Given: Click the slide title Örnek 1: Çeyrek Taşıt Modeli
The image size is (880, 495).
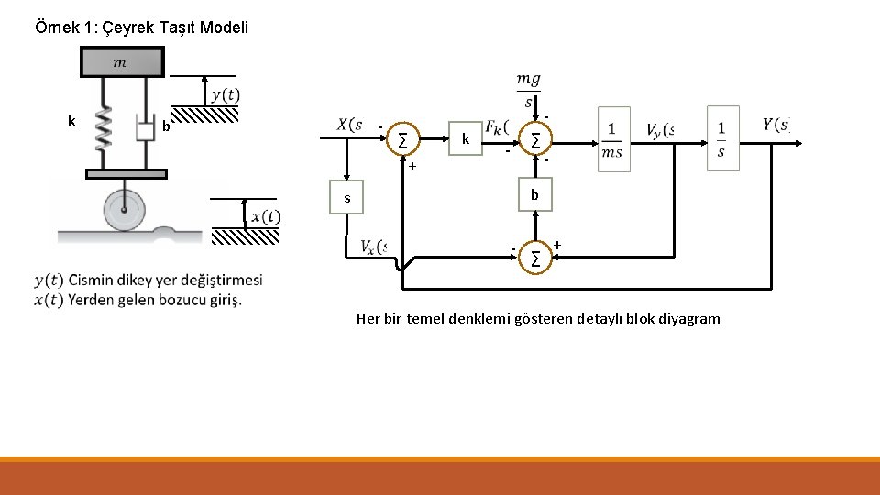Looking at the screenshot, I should click(141, 27).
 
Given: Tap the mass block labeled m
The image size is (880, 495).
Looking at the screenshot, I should click(121, 62).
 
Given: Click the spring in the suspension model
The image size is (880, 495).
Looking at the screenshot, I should click(104, 128).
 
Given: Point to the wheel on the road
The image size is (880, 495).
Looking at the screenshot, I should click(120, 211).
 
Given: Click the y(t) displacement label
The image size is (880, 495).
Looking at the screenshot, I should click(225, 94).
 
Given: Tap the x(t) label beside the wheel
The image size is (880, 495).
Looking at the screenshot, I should click(266, 216).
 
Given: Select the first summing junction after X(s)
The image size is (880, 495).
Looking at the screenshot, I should click(402, 140).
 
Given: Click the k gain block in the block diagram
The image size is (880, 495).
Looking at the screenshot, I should click(466, 139).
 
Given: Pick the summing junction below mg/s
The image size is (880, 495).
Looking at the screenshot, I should click(535, 140).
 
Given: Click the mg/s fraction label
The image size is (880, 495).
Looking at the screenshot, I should click(528, 90).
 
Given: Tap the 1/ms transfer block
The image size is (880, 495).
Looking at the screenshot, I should click(611, 139).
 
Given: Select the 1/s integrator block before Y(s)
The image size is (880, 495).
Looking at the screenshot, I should click(721, 138).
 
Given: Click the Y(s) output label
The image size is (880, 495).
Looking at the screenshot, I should click(775, 125).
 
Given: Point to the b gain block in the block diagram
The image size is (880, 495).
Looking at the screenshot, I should click(535, 195).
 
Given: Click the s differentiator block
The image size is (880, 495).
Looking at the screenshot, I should click(346, 198).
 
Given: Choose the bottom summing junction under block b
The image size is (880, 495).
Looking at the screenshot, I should click(535, 258).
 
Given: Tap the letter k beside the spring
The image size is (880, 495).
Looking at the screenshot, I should click(71, 120).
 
